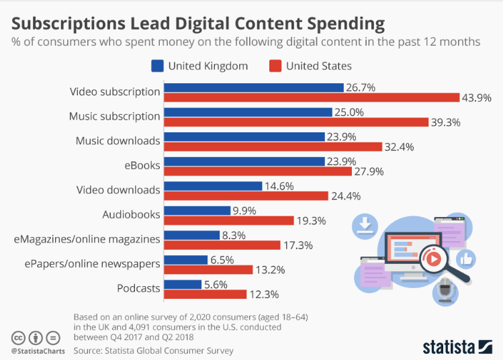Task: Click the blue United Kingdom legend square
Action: (158, 66)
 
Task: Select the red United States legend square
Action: (275, 66)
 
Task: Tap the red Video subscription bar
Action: (312, 98)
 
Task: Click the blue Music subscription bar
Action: (248, 111)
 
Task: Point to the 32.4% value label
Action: (400, 146)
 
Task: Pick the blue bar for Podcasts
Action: (183, 284)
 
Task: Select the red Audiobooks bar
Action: (229, 220)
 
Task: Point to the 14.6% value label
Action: (281, 186)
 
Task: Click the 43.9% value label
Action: (477, 98)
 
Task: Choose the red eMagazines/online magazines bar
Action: (222, 245)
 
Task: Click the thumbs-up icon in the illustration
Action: (465, 259)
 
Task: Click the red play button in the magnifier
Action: (433, 259)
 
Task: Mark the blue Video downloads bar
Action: (213, 186)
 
